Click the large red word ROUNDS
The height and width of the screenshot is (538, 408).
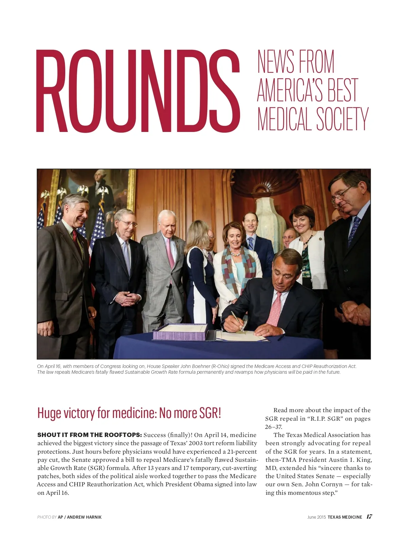point(138,91)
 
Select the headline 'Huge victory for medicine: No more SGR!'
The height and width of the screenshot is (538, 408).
point(129,413)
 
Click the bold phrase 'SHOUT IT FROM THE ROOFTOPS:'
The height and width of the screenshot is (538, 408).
point(89,435)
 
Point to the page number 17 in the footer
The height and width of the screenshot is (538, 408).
point(369,517)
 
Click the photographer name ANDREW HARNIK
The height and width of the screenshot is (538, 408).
point(84,517)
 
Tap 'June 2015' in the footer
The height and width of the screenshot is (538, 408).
point(316,517)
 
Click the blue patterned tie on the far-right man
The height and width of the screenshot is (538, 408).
point(354,231)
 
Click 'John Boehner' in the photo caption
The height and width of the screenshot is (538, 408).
point(195,366)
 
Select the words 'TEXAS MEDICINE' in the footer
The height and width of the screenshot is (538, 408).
point(345,517)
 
